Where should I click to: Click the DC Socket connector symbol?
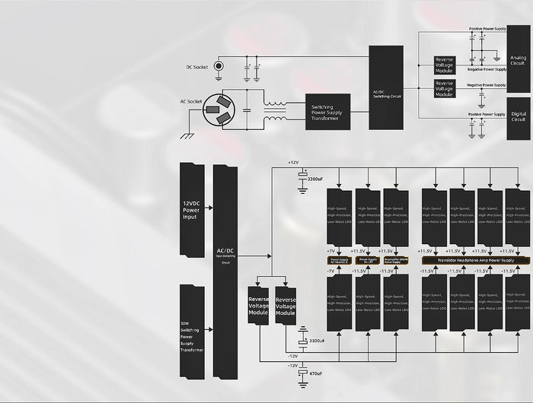tap(219, 66)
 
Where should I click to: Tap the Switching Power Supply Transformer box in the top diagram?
tap(327, 112)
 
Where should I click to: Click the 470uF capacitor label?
tap(314, 373)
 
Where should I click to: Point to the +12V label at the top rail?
tap(293, 162)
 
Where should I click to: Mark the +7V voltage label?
tap(330, 250)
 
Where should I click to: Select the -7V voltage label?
tap(330, 270)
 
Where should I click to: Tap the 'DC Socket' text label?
tap(196, 67)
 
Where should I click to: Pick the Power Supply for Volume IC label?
tap(339, 260)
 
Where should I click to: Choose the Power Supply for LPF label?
tap(367, 260)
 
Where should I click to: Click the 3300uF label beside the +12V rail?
tap(314, 179)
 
